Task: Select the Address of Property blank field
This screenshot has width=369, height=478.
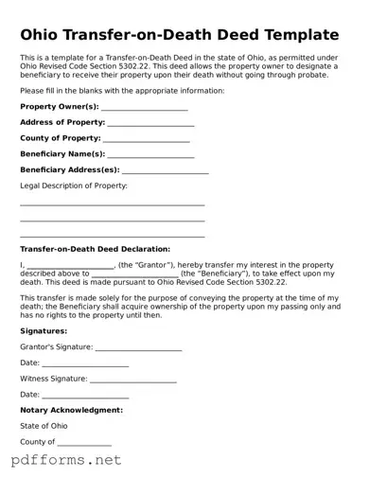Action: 151,124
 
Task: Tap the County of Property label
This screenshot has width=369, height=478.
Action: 61,138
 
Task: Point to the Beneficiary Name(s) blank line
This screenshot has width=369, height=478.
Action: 151,155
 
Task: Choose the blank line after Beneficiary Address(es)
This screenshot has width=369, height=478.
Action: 166,171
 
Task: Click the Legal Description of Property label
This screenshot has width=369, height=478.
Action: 74,186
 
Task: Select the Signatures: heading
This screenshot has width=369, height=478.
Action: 44,331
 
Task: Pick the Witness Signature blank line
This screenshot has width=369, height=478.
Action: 133,380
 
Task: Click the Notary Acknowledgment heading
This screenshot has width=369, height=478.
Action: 71,410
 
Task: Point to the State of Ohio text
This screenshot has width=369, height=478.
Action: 44,426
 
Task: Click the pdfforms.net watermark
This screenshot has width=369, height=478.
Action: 66,461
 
